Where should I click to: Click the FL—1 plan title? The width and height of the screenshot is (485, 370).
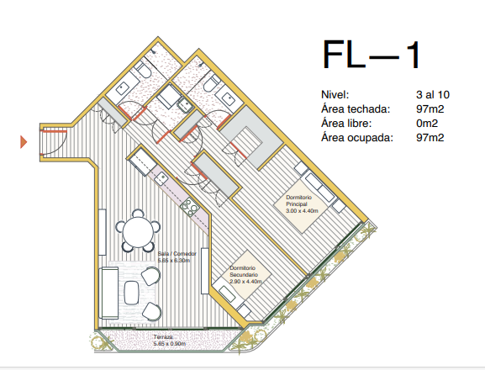click(x=372, y=55)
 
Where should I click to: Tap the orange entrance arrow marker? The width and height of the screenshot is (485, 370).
click(x=24, y=141)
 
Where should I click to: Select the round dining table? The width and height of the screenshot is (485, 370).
click(x=138, y=231)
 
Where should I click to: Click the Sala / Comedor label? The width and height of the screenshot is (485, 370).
click(x=177, y=254)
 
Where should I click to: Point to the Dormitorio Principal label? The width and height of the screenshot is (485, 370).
click(x=298, y=200)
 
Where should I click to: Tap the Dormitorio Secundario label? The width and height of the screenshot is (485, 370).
click(x=244, y=272)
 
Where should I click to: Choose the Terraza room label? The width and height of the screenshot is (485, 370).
click(x=163, y=337)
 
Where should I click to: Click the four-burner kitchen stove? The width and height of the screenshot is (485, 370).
click(x=189, y=207)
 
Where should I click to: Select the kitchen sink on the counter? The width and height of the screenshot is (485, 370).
click(x=161, y=178)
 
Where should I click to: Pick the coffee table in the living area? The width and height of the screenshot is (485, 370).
click(x=131, y=293)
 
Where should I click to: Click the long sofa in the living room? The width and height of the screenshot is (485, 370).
click(x=108, y=293)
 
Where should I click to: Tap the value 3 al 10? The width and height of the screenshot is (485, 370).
click(x=433, y=95)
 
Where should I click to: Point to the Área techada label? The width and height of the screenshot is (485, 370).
click(x=356, y=108)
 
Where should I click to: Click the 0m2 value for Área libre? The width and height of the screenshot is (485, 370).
click(x=427, y=123)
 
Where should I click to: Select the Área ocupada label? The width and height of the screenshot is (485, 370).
click(x=357, y=137)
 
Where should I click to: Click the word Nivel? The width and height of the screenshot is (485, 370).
click(x=335, y=95)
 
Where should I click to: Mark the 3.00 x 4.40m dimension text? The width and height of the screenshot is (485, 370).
click(x=302, y=211)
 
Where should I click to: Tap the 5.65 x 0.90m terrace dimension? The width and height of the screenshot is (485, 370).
click(x=170, y=344)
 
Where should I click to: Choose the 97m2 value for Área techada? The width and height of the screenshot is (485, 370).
click(x=430, y=108)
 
